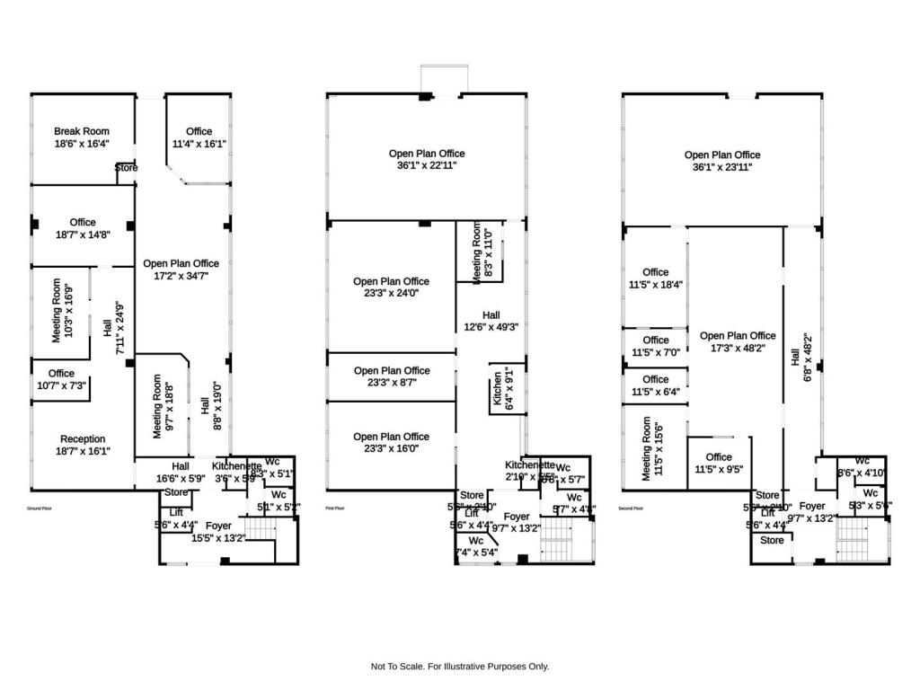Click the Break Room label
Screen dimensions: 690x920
82,137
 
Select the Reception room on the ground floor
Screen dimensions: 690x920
83,446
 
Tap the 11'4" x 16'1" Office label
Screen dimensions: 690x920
199,137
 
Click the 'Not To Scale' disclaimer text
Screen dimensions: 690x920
459,667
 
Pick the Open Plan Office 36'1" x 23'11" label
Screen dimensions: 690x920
722,161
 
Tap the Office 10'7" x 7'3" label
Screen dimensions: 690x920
62,379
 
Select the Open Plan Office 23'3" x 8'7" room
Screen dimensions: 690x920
391,376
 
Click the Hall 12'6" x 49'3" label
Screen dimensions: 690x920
491,321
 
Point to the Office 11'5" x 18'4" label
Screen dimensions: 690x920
656,279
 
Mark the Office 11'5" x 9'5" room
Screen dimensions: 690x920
719,463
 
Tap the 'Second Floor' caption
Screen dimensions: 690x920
631,509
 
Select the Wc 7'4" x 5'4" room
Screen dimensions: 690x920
475,546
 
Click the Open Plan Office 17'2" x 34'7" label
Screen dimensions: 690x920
181,270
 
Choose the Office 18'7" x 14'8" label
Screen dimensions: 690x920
83,228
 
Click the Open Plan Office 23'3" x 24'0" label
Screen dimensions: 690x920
391,287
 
